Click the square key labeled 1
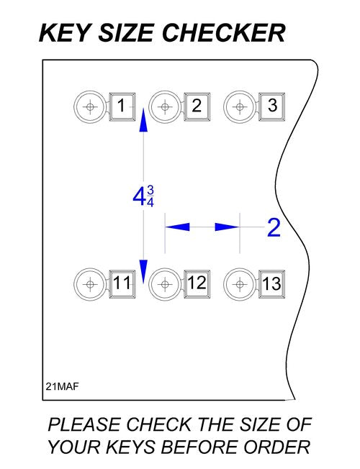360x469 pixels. [x=122, y=106]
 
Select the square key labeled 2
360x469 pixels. [x=197, y=106]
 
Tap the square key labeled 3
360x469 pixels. [x=271, y=106]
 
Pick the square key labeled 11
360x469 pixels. [x=122, y=284]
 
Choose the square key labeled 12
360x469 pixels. [x=197, y=284]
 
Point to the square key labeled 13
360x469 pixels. [x=271, y=284]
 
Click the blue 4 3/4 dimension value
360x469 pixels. [x=143, y=196]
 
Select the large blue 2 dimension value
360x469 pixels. [x=274, y=227]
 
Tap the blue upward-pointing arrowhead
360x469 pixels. [x=143, y=119]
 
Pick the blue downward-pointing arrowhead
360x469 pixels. [x=143, y=271]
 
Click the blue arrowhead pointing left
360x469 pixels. [x=177, y=227]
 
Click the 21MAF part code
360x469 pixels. [x=62, y=386]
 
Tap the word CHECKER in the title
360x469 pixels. [x=224, y=33]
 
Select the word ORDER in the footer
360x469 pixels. [x=276, y=447]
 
